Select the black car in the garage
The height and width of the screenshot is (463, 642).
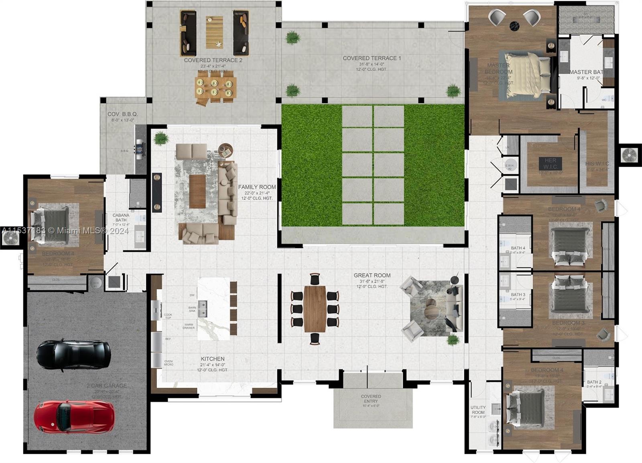pyautogui.click(x=73, y=354)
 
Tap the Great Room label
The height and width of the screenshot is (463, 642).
pyautogui.click(x=372, y=275)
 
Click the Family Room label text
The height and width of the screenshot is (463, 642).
pyautogui.click(x=257, y=187)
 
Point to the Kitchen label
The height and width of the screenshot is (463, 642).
pyautogui.click(x=213, y=359)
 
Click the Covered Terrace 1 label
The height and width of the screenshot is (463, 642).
pyautogui.click(x=372, y=58)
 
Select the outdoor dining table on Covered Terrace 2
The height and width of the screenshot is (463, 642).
pyautogui.click(x=215, y=87)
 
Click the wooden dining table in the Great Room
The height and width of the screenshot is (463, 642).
pyautogui.click(x=315, y=308)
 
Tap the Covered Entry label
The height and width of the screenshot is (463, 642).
pyautogui.click(x=371, y=399)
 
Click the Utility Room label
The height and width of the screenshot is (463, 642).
pyautogui.click(x=478, y=410)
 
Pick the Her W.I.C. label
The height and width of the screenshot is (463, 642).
pyautogui.click(x=550, y=163)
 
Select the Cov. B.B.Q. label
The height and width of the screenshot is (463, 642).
pyautogui.click(x=122, y=114)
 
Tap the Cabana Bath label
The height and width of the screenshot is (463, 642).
pyautogui.click(x=121, y=218)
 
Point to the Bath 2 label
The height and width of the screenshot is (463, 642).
pyautogui.click(x=594, y=382)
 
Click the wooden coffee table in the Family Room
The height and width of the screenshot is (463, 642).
pyautogui.click(x=197, y=192)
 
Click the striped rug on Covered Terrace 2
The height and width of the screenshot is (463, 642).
pyautogui.click(x=214, y=32)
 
